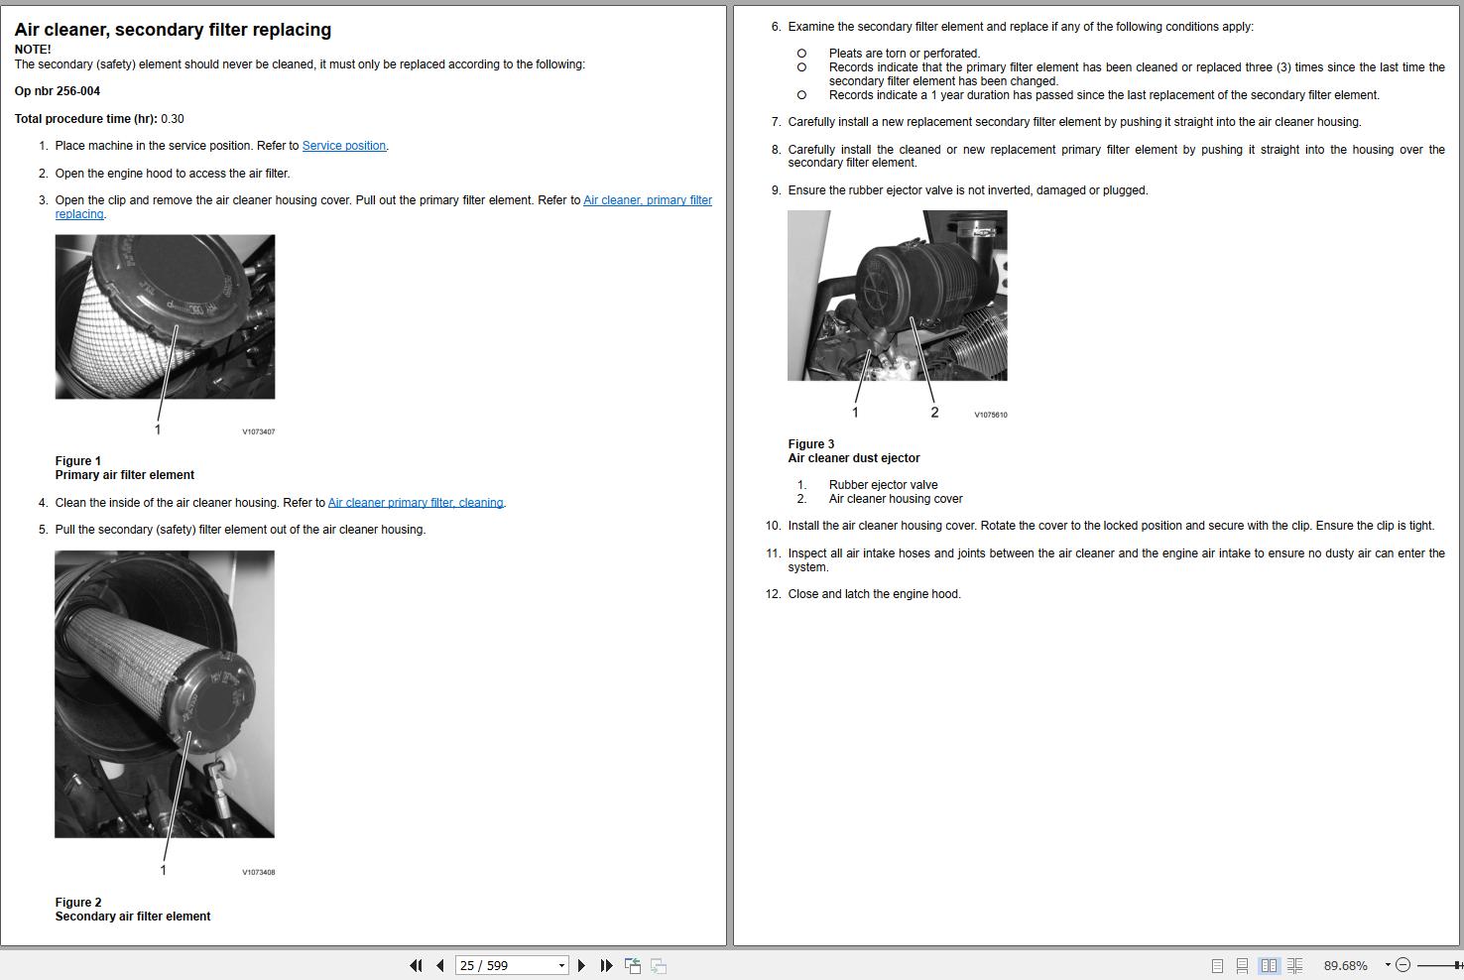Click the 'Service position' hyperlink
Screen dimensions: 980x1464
(x=343, y=146)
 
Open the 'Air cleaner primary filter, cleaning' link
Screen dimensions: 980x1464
(x=416, y=503)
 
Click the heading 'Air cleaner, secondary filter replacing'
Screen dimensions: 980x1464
(x=173, y=30)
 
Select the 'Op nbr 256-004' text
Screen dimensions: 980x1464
(x=58, y=91)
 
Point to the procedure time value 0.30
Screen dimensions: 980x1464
(x=173, y=119)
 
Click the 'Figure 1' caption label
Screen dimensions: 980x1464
(x=78, y=461)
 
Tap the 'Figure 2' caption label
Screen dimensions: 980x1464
(x=78, y=903)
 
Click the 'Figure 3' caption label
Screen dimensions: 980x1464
(x=810, y=444)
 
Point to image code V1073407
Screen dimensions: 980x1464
(x=259, y=432)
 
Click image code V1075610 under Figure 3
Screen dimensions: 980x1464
(x=990, y=416)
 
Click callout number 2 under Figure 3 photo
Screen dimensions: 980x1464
(x=934, y=413)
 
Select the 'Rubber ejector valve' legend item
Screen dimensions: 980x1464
(x=883, y=485)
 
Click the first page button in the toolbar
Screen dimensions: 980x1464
(x=416, y=965)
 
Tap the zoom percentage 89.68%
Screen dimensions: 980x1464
(x=1345, y=965)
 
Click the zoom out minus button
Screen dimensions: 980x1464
(x=1403, y=965)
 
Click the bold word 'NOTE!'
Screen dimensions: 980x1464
(x=33, y=50)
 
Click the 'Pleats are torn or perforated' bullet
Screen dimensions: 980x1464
(x=904, y=54)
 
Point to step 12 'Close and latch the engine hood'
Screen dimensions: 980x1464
(x=874, y=594)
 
